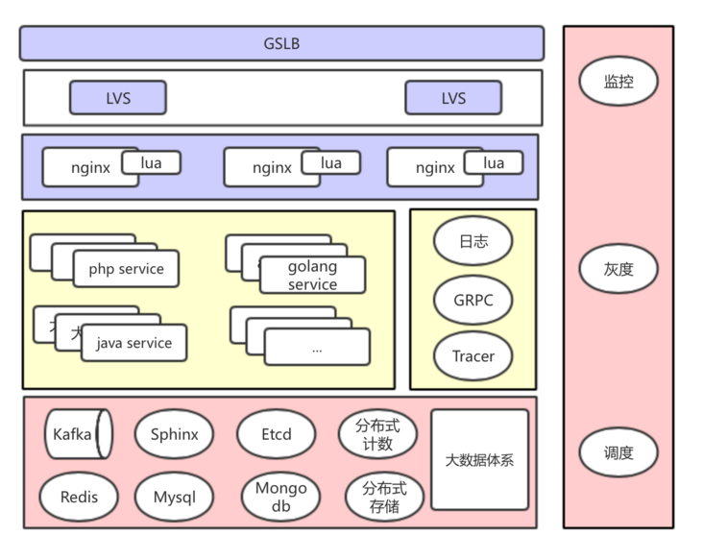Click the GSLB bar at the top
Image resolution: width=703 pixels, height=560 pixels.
click(281, 43)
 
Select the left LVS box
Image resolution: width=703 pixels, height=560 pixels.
click(117, 98)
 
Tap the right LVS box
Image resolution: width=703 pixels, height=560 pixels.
click(453, 98)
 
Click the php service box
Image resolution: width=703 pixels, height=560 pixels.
click(126, 269)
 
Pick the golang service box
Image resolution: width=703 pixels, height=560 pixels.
click(312, 276)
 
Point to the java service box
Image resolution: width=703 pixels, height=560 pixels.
click(134, 343)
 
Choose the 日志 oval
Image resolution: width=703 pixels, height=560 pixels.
click(473, 241)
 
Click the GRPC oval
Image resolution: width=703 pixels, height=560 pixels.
click(473, 300)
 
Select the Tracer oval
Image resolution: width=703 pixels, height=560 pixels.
click(473, 356)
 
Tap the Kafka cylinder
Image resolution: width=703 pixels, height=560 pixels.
click(77, 434)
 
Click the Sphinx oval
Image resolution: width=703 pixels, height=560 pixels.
click(174, 434)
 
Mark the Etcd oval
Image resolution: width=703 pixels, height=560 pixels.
click(276, 434)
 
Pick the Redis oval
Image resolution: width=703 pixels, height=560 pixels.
click(79, 498)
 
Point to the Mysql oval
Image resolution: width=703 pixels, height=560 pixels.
click(174, 498)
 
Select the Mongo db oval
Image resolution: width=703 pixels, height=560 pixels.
click(280, 498)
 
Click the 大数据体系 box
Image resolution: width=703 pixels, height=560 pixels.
click(479, 459)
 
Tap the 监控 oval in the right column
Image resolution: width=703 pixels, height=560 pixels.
click(618, 82)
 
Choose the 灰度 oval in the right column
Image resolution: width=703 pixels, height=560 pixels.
click(618, 269)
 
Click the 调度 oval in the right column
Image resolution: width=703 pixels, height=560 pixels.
click(618, 452)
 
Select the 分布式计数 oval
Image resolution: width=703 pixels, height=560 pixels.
click(377, 435)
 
